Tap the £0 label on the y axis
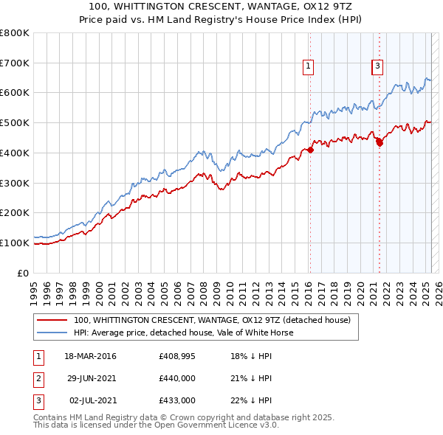coord(24,273)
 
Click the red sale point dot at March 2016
coord(310,150)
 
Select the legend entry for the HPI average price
coord(183,333)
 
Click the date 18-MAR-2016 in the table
coord(90,357)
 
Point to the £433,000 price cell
coord(177,400)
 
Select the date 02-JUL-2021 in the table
coord(92,400)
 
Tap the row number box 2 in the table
coord(38,378)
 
